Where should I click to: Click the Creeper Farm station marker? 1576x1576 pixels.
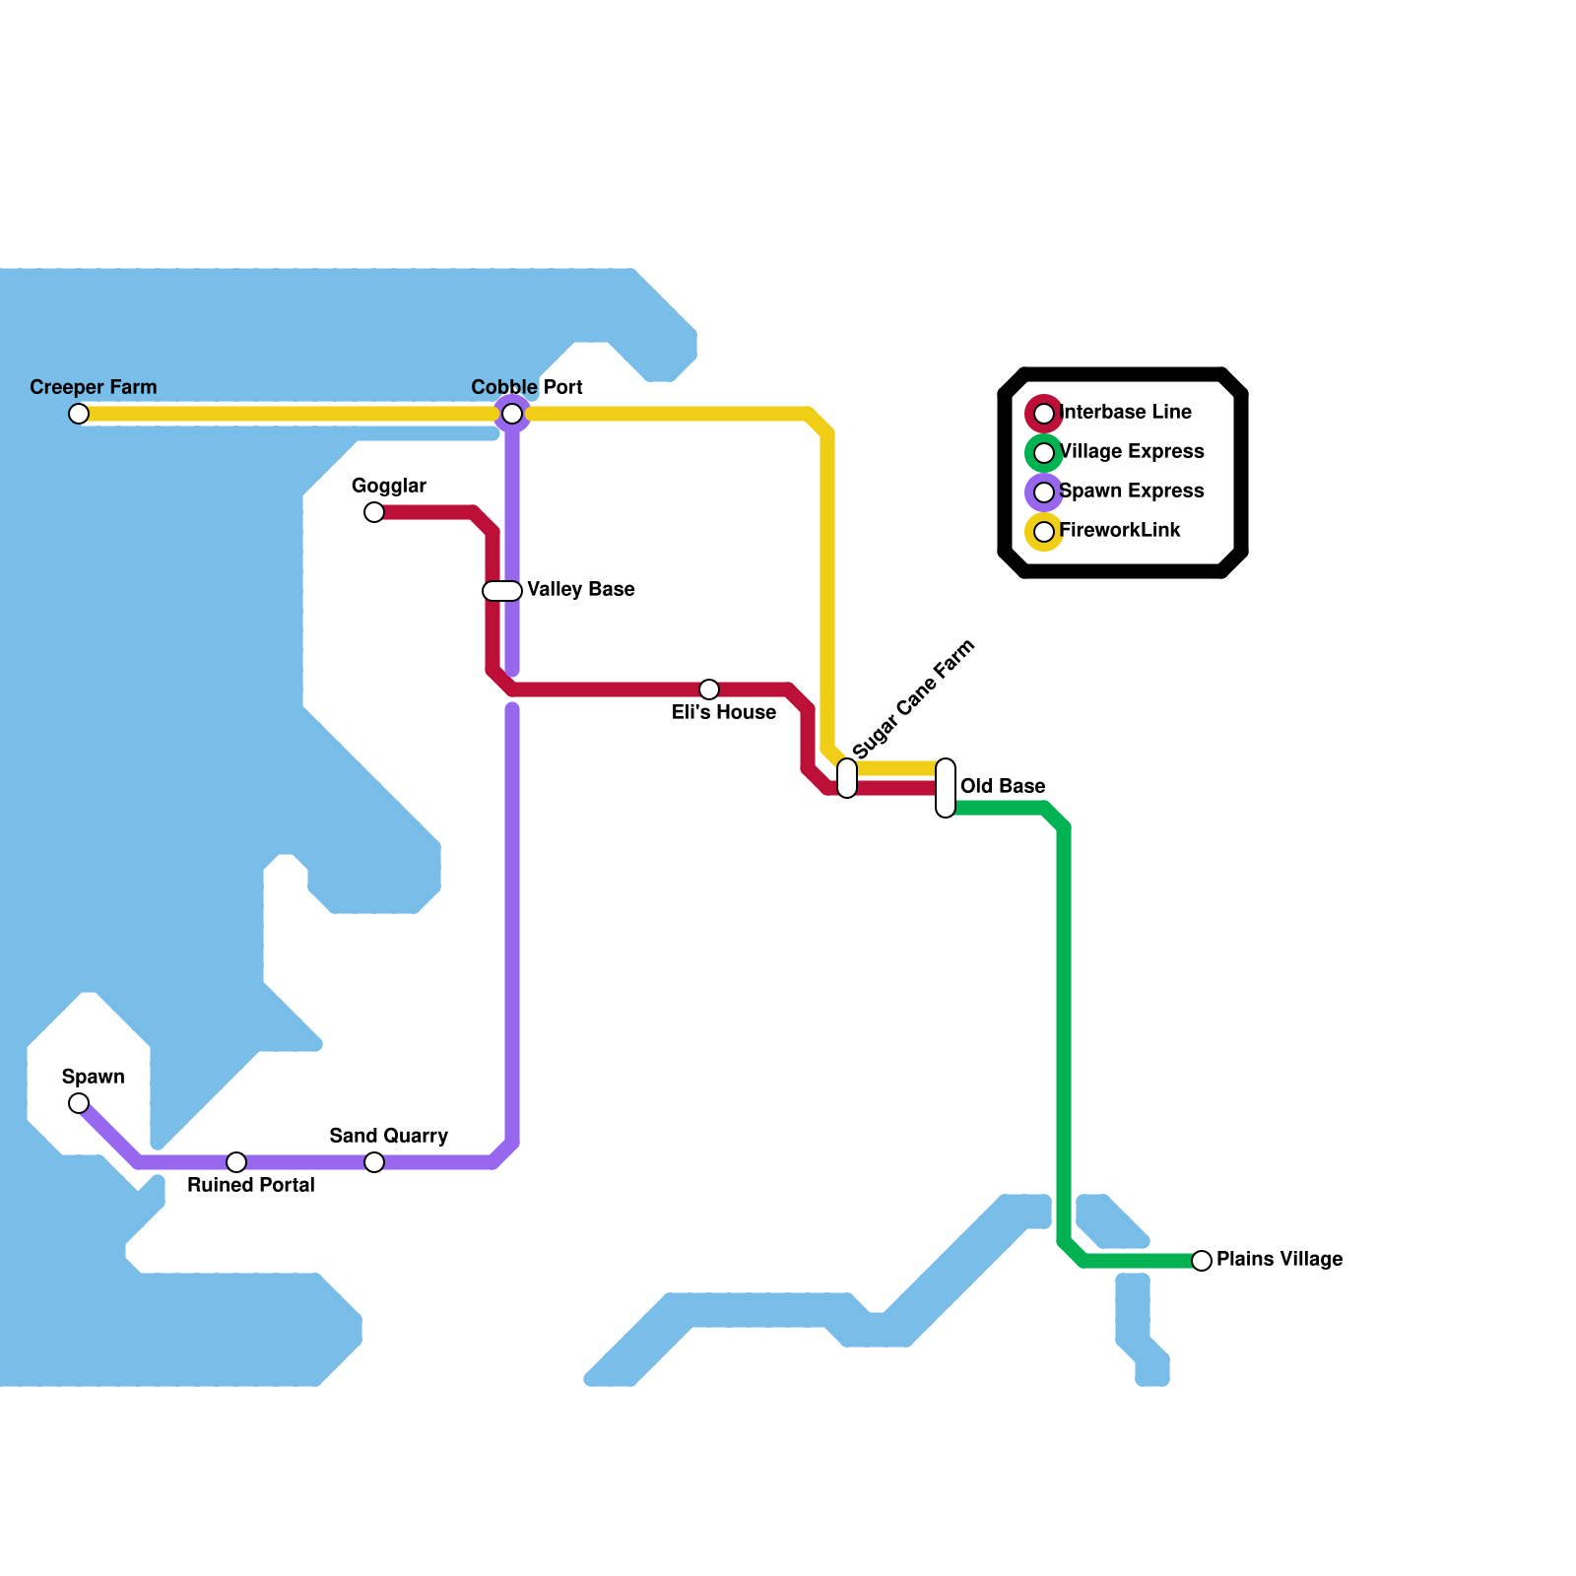[79, 414]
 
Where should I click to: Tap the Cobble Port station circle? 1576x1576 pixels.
[512, 414]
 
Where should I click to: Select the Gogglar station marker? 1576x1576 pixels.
[374, 512]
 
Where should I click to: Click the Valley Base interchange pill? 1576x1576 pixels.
[502, 591]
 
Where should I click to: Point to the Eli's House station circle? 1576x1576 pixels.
[709, 689]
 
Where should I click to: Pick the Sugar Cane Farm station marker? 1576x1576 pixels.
[847, 778]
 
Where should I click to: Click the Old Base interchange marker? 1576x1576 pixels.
[946, 788]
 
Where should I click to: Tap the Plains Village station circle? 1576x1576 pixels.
[1202, 1261]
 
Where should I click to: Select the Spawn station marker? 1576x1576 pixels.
[79, 1103]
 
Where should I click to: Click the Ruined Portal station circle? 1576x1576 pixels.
[236, 1162]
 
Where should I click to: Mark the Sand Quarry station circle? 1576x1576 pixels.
[374, 1162]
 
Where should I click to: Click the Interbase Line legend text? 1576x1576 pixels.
[1126, 412]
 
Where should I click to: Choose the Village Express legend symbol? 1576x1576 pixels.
[1044, 453]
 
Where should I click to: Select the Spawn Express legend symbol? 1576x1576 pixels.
[1044, 492]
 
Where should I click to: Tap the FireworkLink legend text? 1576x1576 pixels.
[1120, 530]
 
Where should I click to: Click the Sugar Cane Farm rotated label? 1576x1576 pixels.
[913, 699]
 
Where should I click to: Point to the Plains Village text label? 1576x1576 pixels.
[1280, 1259]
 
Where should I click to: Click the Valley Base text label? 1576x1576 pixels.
[581, 589]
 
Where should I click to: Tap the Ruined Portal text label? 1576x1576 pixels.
[251, 1185]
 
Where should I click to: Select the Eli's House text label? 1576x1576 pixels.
[724, 712]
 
